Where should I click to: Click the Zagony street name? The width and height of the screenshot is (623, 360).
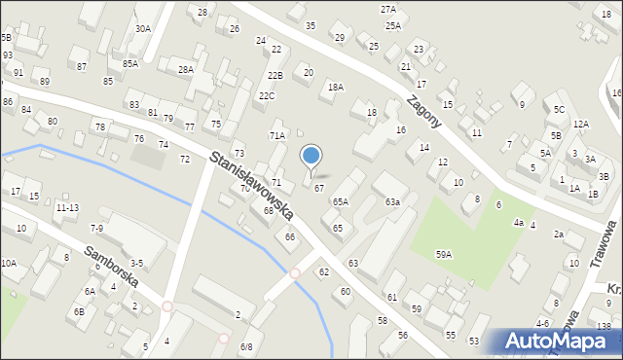point(425,111)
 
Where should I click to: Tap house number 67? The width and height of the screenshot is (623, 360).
point(318,188)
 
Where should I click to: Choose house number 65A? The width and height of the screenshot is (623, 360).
point(340,201)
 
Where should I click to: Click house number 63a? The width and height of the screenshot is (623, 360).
point(392,201)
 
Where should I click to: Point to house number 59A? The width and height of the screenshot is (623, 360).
point(443,254)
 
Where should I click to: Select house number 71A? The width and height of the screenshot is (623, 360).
point(277,135)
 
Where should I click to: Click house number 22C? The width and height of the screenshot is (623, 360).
point(267,95)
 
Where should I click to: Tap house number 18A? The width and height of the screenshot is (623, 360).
point(336,87)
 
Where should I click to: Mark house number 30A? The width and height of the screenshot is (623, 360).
point(143,29)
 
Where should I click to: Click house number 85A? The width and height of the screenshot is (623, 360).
point(130,63)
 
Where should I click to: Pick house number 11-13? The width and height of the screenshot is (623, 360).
point(67,207)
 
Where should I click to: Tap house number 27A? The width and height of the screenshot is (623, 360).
point(388,9)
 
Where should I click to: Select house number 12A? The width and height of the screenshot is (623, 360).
point(581,124)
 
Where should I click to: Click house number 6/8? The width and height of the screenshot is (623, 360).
point(246,346)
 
